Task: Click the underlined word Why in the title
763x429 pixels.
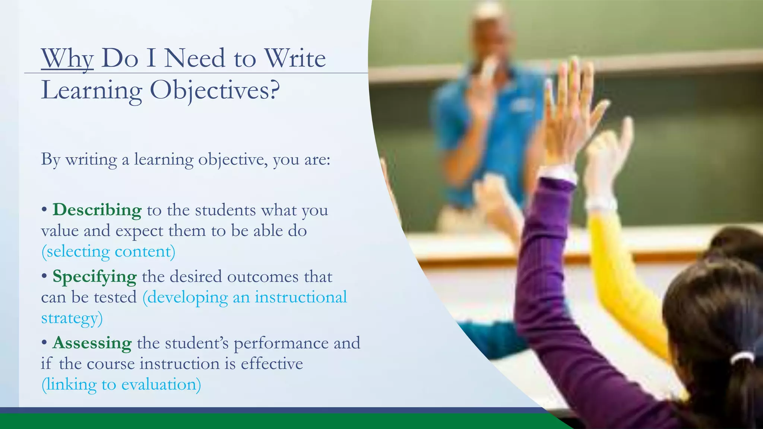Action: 67,58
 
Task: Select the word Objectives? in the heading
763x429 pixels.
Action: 215,90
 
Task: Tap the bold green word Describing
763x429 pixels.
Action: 97,210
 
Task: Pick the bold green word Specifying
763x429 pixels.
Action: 95,277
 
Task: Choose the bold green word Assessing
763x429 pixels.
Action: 92,343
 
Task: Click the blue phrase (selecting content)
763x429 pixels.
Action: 108,252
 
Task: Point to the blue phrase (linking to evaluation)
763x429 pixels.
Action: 121,384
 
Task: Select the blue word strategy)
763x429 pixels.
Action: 72,318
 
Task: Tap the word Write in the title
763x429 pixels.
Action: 295,58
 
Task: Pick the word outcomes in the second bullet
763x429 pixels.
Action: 263,277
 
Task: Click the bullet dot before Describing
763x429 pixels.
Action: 44,210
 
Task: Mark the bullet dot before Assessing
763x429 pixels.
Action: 44,343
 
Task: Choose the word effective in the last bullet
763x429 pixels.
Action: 272,364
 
